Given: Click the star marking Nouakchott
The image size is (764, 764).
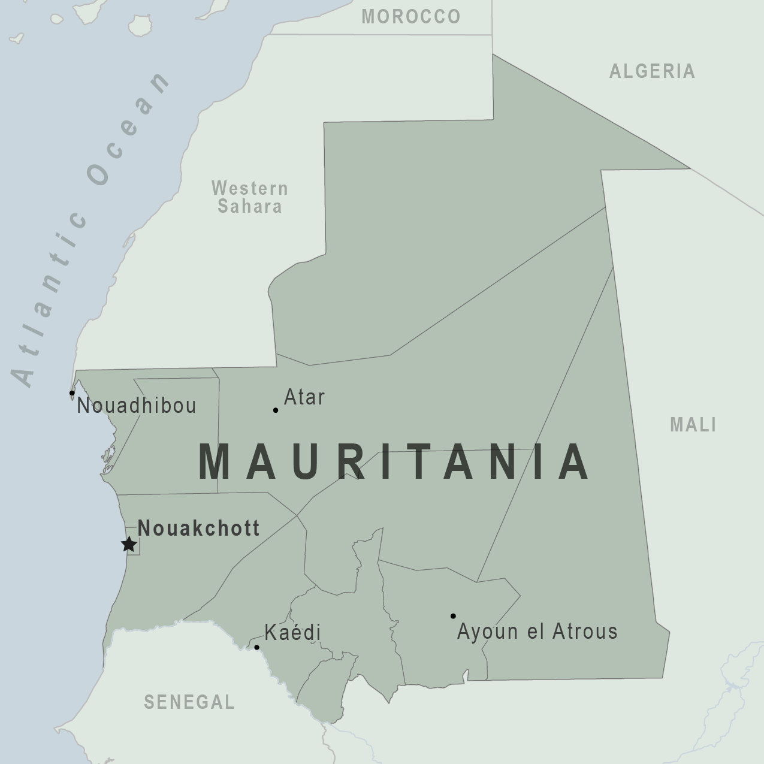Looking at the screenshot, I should (x=128, y=544).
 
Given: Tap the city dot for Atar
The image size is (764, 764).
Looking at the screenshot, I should (x=276, y=410).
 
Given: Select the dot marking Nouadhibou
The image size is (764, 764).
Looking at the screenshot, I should (x=72, y=393).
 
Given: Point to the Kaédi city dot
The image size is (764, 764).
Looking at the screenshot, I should (x=256, y=647).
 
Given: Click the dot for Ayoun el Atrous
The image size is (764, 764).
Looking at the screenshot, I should (x=453, y=616).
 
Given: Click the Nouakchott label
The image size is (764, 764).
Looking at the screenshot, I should (x=198, y=528).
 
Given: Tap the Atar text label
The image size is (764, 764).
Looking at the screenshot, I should (x=304, y=397).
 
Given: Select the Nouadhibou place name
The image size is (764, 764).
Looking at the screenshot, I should (x=137, y=406).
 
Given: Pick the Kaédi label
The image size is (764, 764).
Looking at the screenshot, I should (x=292, y=632).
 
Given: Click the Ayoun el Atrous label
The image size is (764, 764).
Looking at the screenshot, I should (x=537, y=631).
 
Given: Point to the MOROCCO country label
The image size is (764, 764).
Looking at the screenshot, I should (x=411, y=17).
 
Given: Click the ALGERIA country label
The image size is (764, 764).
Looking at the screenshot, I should (x=652, y=71).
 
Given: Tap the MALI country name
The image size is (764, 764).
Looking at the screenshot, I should (x=693, y=425).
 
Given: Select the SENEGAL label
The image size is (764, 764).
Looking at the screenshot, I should (x=189, y=702).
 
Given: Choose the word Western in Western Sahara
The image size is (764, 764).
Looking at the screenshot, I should (x=250, y=188).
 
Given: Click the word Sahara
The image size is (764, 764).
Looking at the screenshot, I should (x=250, y=207).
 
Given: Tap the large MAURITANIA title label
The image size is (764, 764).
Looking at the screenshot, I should (x=394, y=462).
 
